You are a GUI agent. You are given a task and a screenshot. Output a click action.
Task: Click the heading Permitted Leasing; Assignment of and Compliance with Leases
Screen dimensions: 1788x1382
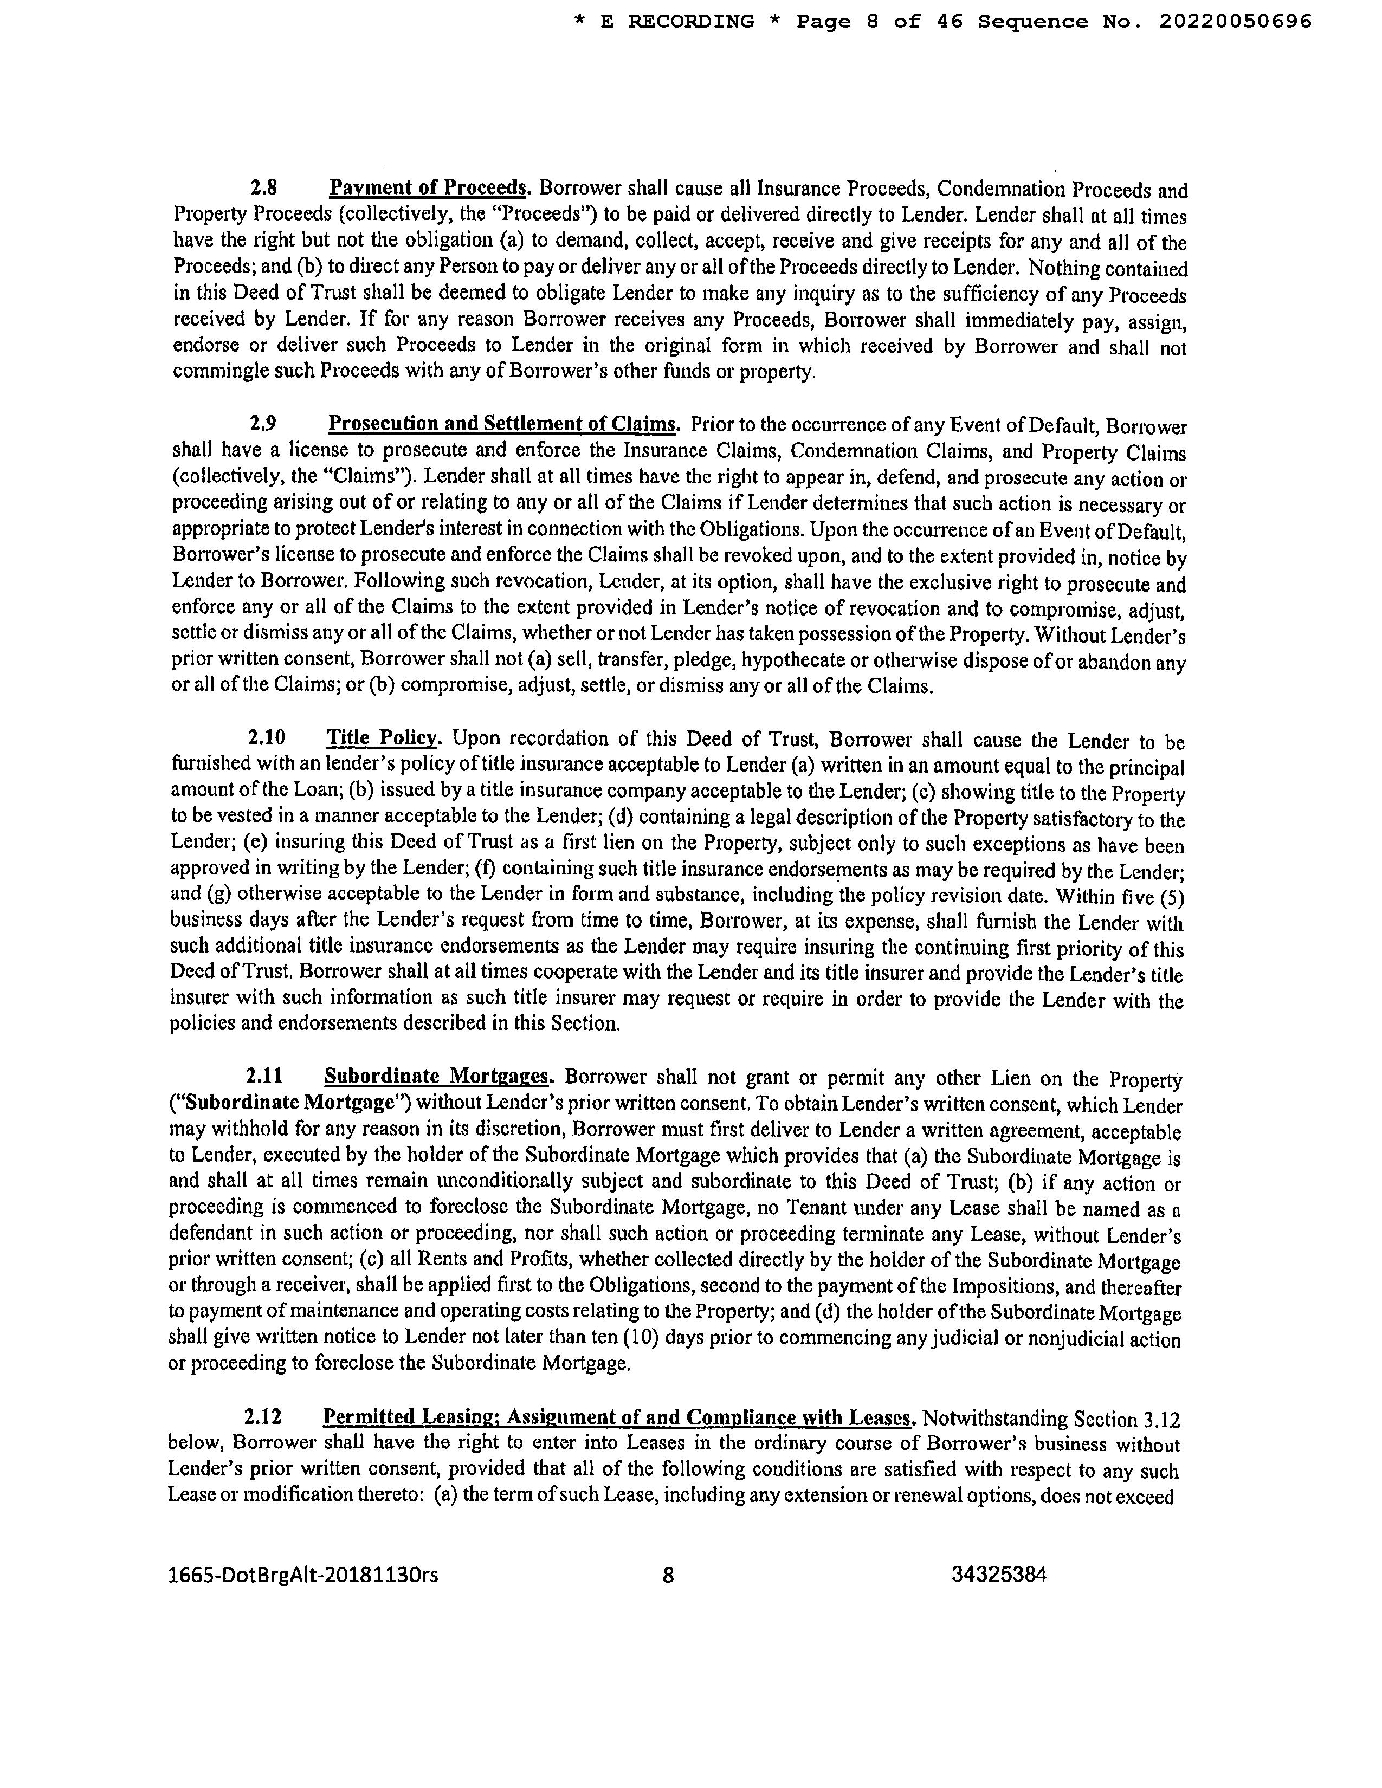[x=618, y=1417]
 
